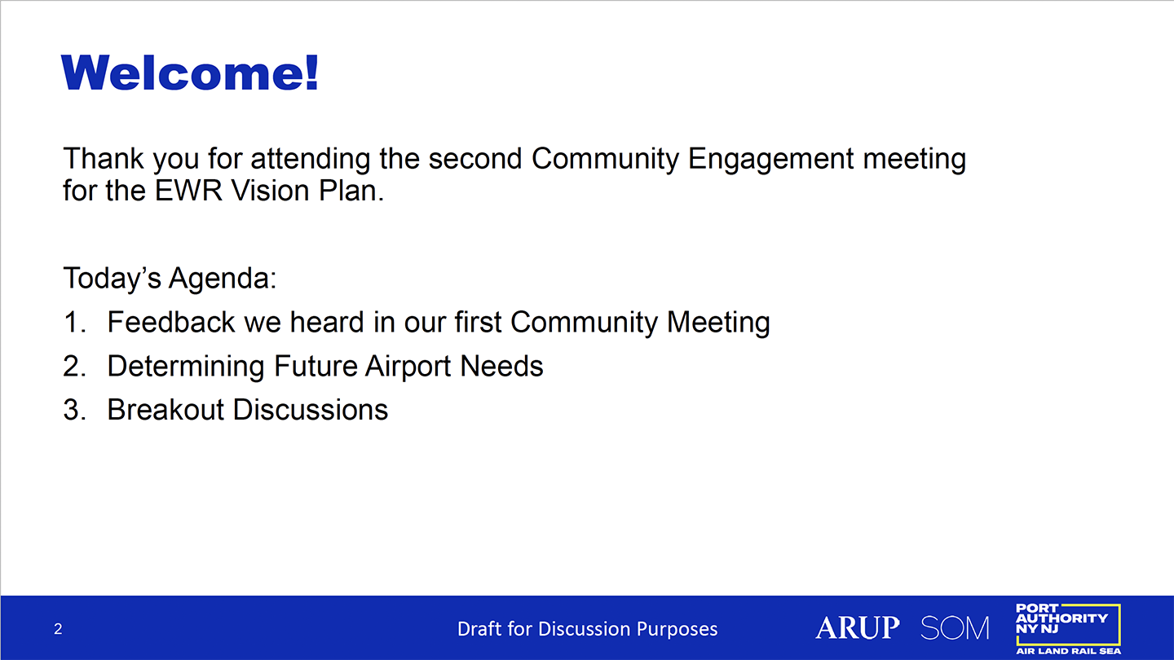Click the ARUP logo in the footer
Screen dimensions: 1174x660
point(858,627)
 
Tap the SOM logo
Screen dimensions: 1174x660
point(955,628)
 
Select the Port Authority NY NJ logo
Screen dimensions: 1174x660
point(1068,629)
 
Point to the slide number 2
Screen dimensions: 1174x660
point(58,628)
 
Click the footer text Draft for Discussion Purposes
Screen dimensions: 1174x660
point(587,628)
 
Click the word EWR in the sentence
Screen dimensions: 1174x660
point(188,191)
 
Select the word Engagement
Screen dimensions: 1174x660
point(771,159)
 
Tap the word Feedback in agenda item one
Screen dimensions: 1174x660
point(171,322)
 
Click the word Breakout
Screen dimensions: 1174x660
point(166,410)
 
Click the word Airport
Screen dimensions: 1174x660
point(408,366)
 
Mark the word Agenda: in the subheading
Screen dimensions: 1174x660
point(223,278)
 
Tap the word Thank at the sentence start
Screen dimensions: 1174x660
point(104,158)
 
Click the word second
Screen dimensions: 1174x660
point(475,158)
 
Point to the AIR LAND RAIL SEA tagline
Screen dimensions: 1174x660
point(1068,651)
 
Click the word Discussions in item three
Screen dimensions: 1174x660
point(311,410)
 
